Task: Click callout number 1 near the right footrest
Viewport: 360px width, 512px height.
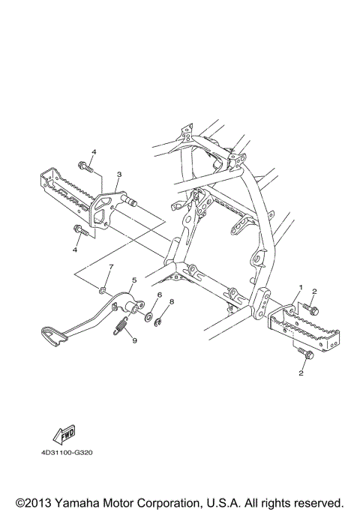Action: (301, 287)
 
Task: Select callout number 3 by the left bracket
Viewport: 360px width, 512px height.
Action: (118, 174)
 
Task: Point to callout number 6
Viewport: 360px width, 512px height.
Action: (159, 295)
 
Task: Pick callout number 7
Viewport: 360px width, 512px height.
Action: (110, 267)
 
